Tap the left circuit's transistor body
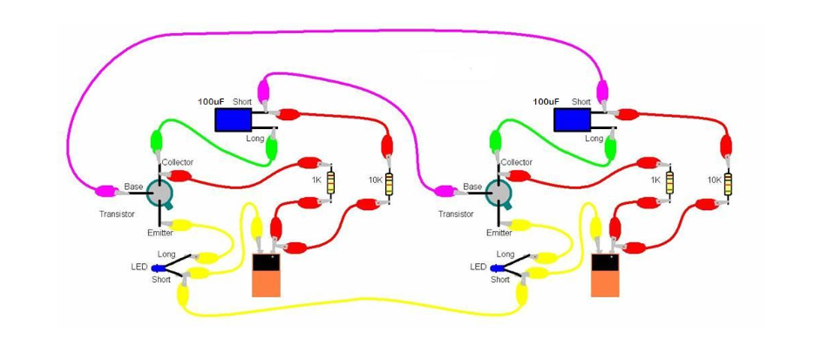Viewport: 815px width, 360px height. (x=160, y=191)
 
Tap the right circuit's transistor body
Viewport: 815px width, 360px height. (x=499, y=191)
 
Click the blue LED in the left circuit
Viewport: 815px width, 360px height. (x=161, y=268)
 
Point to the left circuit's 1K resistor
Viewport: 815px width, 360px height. (x=329, y=181)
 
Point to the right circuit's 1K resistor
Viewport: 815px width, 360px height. (x=669, y=181)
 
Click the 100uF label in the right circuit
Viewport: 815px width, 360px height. (x=547, y=102)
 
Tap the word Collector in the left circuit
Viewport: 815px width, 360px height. (x=178, y=162)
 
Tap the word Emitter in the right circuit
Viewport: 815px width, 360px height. (x=499, y=233)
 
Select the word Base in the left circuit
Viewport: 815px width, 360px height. (x=133, y=187)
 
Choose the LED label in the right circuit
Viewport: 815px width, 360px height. (x=478, y=267)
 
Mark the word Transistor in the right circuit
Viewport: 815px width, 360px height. (x=456, y=214)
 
